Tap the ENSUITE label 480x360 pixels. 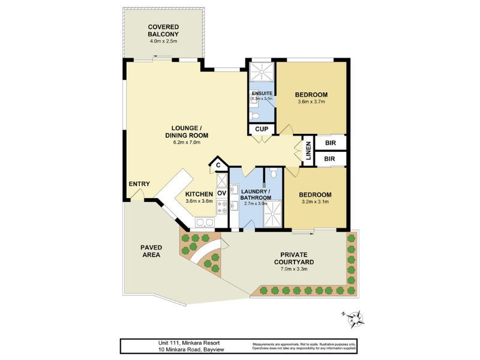click(x=262, y=94)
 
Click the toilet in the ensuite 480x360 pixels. click(x=254, y=116)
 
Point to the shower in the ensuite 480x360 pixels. click(x=261, y=73)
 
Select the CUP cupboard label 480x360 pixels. click(x=262, y=129)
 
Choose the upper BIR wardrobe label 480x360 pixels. click(x=329, y=143)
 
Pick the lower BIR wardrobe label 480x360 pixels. click(x=329, y=159)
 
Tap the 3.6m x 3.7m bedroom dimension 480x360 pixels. click(x=311, y=102)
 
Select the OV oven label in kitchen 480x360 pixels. click(x=221, y=193)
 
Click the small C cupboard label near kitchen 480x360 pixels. click(x=219, y=165)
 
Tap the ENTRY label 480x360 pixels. click(x=139, y=184)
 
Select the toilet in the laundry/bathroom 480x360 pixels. click(x=273, y=175)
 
